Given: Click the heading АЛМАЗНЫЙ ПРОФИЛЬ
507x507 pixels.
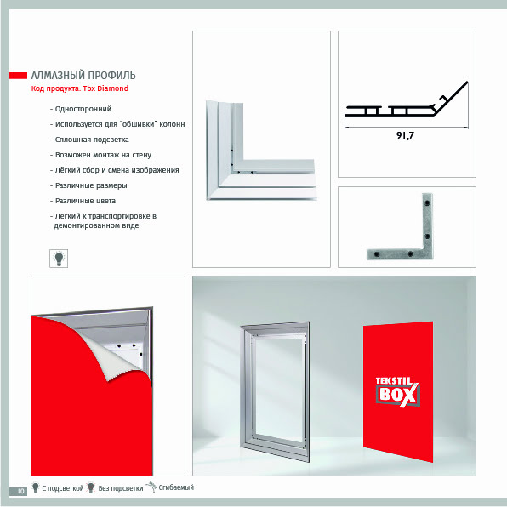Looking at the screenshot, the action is point(83,76).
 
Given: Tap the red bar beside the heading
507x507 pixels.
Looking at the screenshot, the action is point(18,76).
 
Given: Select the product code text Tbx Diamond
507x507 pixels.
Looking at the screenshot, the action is point(105,88).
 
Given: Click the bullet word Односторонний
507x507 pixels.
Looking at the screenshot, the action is point(83,109).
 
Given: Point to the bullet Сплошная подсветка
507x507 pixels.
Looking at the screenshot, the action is point(92,140).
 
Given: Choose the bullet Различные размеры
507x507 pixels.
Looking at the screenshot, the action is point(91,185).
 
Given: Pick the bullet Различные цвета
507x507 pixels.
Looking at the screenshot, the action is point(85,201).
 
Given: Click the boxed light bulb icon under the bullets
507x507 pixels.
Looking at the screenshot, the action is point(59,259).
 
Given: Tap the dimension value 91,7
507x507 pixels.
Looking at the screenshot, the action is point(405,135).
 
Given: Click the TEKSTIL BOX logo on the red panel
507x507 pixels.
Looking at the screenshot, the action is point(397,391).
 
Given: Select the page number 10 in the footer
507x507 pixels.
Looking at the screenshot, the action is point(20,491).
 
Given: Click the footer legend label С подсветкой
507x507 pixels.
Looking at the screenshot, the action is point(63,488).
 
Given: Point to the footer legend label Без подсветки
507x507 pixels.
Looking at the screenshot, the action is point(121,488).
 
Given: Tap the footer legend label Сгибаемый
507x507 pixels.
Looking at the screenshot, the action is point(176,487).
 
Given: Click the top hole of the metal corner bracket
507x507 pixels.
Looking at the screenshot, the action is point(427,203).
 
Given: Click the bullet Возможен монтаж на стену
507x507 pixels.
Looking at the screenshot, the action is point(103,155).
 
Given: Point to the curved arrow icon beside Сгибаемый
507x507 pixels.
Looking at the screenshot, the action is point(151,487).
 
